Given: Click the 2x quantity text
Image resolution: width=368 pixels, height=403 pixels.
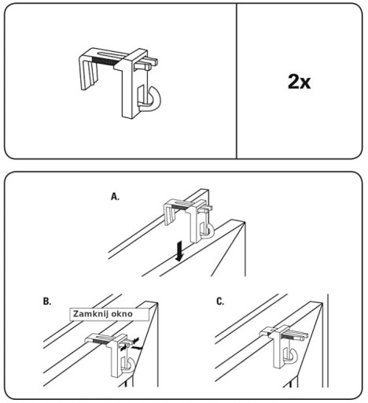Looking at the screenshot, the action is click(299, 82).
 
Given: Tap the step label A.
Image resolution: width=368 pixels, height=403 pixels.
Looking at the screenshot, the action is click(115, 197).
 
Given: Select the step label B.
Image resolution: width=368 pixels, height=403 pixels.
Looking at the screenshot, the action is click(47, 301).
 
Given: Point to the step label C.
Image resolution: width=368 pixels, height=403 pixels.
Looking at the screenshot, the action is click(220, 301).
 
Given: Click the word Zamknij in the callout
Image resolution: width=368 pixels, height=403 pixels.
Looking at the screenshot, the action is click(88, 314).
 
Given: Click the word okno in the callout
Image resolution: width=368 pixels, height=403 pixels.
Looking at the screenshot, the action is click(122, 314).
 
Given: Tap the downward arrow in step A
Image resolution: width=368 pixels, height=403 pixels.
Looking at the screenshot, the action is click(179, 251).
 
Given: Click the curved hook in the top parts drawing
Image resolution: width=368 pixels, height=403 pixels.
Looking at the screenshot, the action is click(152, 100).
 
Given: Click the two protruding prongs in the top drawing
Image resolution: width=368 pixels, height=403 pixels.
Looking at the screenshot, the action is click(148, 63).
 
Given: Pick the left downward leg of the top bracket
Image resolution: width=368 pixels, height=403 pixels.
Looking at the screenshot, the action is click(88, 75).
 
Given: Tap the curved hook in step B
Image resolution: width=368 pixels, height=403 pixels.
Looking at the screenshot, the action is click(129, 364).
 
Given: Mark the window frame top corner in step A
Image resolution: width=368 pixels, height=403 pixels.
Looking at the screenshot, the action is click(245, 222).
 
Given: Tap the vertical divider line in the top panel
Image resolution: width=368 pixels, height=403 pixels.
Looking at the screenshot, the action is click(237, 81).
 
